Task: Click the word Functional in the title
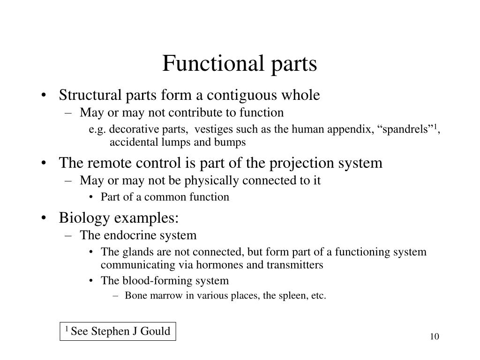(x=213, y=64)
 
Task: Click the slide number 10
(x=435, y=337)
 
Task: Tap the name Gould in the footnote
(x=155, y=331)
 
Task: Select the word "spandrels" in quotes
(x=405, y=129)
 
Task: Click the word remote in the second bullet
(x=110, y=163)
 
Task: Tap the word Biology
(x=84, y=218)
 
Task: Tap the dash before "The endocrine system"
(x=68, y=236)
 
